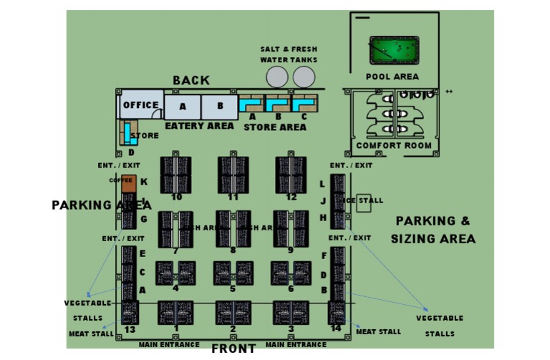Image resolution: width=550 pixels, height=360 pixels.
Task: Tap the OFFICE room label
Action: pos(140,105)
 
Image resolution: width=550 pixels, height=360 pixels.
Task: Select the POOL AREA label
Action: pos(392,77)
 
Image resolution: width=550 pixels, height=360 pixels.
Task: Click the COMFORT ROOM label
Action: pos(394,146)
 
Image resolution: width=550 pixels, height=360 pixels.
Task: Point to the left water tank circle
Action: pos(277,77)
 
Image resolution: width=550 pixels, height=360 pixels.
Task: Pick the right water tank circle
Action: pos(304,77)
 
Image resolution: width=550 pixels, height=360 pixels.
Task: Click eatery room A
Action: pos(183,107)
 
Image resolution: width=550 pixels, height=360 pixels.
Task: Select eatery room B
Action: pos(219,107)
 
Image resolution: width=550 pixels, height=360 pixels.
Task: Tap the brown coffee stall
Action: pos(128,183)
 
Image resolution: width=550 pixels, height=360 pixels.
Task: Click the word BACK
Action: pos(191,81)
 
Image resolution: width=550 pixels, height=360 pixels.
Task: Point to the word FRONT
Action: pos(233,349)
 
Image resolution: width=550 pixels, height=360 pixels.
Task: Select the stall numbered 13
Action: pos(130,313)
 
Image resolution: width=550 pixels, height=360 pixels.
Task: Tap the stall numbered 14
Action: pos(337,313)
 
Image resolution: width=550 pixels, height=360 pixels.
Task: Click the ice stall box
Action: pos(364,203)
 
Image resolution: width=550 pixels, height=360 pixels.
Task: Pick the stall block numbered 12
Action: pos(291,174)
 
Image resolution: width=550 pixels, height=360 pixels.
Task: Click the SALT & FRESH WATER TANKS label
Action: pos(289,54)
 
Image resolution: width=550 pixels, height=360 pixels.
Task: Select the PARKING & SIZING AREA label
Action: pos(434,230)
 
